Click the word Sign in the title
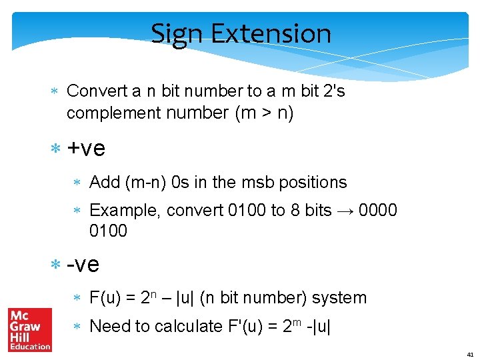(x=173, y=33)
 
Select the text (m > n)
(x=264, y=113)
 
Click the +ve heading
(x=86, y=148)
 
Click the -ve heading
(x=83, y=265)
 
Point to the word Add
(x=104, y=182)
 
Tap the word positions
(x=313, y=182)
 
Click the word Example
(x=125, y=211)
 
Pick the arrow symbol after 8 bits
(x=345, y=211)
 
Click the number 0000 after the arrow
(x=378, y=211)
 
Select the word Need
(x=109, y=326)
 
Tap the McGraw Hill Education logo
(x=29, y=329)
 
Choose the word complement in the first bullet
(x=113, y=113)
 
